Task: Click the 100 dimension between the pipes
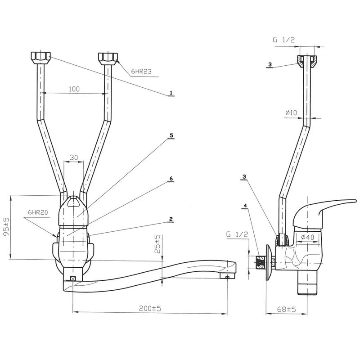click(x=74, y=89)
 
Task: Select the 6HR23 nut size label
click(x=141, y=72)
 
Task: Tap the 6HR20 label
click(x=38, y=212)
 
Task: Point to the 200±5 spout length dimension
click(x=150, y=308)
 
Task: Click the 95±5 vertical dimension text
click(x=7, y=226)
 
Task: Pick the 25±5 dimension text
click(x=157, y=244)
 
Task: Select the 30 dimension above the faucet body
click(x=74, y=157)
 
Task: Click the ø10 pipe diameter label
click(x=291, y=112)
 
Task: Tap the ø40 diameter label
click(x=308, y=237)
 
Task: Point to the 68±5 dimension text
click(x=286, y=310)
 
